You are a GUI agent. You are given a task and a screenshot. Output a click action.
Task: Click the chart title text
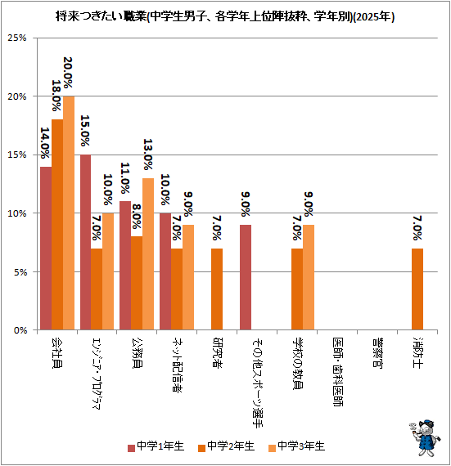pos(225,16)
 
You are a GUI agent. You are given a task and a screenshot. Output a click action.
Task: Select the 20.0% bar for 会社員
pos(69,213)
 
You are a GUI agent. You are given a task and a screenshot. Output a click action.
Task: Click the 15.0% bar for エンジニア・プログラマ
pos(86,242)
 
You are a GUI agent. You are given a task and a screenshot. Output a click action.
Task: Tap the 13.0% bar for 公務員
pos(148,253)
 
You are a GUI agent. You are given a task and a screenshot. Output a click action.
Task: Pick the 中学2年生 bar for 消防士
pos(417,289)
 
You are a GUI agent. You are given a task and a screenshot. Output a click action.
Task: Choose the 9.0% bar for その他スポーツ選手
pos(246,277)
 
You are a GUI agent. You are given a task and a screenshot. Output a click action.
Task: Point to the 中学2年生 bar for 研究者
pos(217,289)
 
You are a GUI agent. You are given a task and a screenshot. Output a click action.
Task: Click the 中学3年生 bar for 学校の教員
pos(309,277)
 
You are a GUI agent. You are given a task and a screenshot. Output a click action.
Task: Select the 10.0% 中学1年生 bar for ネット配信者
pos(165,271)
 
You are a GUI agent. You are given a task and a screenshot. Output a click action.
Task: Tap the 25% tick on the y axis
pos(17,38)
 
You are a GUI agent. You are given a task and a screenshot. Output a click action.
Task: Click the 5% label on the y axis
pos(20,272)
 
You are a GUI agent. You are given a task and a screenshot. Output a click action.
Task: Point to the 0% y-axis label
pos(20,330)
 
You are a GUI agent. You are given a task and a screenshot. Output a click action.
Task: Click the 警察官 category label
pos(377,352)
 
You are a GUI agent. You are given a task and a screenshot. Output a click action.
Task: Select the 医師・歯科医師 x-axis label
pos(338,372)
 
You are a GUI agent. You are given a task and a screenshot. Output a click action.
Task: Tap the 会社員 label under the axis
pos(57,352)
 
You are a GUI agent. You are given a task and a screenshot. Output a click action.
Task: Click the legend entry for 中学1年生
pos(156,446)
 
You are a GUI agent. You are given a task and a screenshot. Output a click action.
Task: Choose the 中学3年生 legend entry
pos(296,446)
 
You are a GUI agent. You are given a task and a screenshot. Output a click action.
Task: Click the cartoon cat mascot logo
pos(425,437)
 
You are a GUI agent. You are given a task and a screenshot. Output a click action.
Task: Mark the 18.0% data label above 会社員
pos(56,96)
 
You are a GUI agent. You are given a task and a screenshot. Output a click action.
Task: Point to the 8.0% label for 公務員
pos(137,216)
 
